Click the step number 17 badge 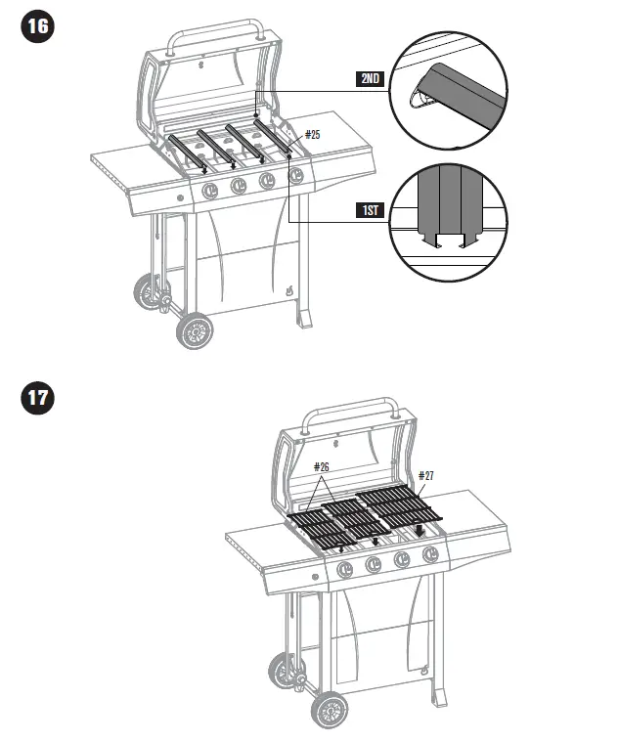coord(37,400)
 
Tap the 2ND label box coord(369,79)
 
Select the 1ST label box coord(369,210)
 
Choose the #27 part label coord(425,476)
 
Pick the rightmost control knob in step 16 coord(295,175)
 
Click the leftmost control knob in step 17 coord(345,570)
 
